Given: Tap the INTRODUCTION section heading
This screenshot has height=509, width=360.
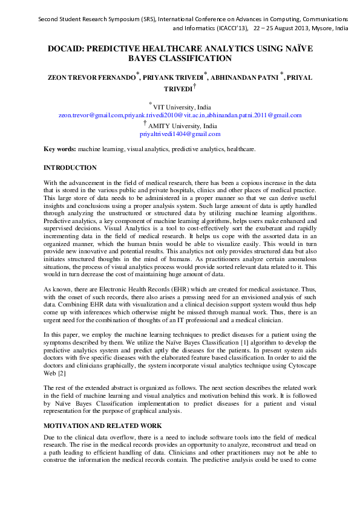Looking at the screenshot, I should (70, 167).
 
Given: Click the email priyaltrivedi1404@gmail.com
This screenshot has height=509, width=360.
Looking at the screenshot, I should (180, 134).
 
